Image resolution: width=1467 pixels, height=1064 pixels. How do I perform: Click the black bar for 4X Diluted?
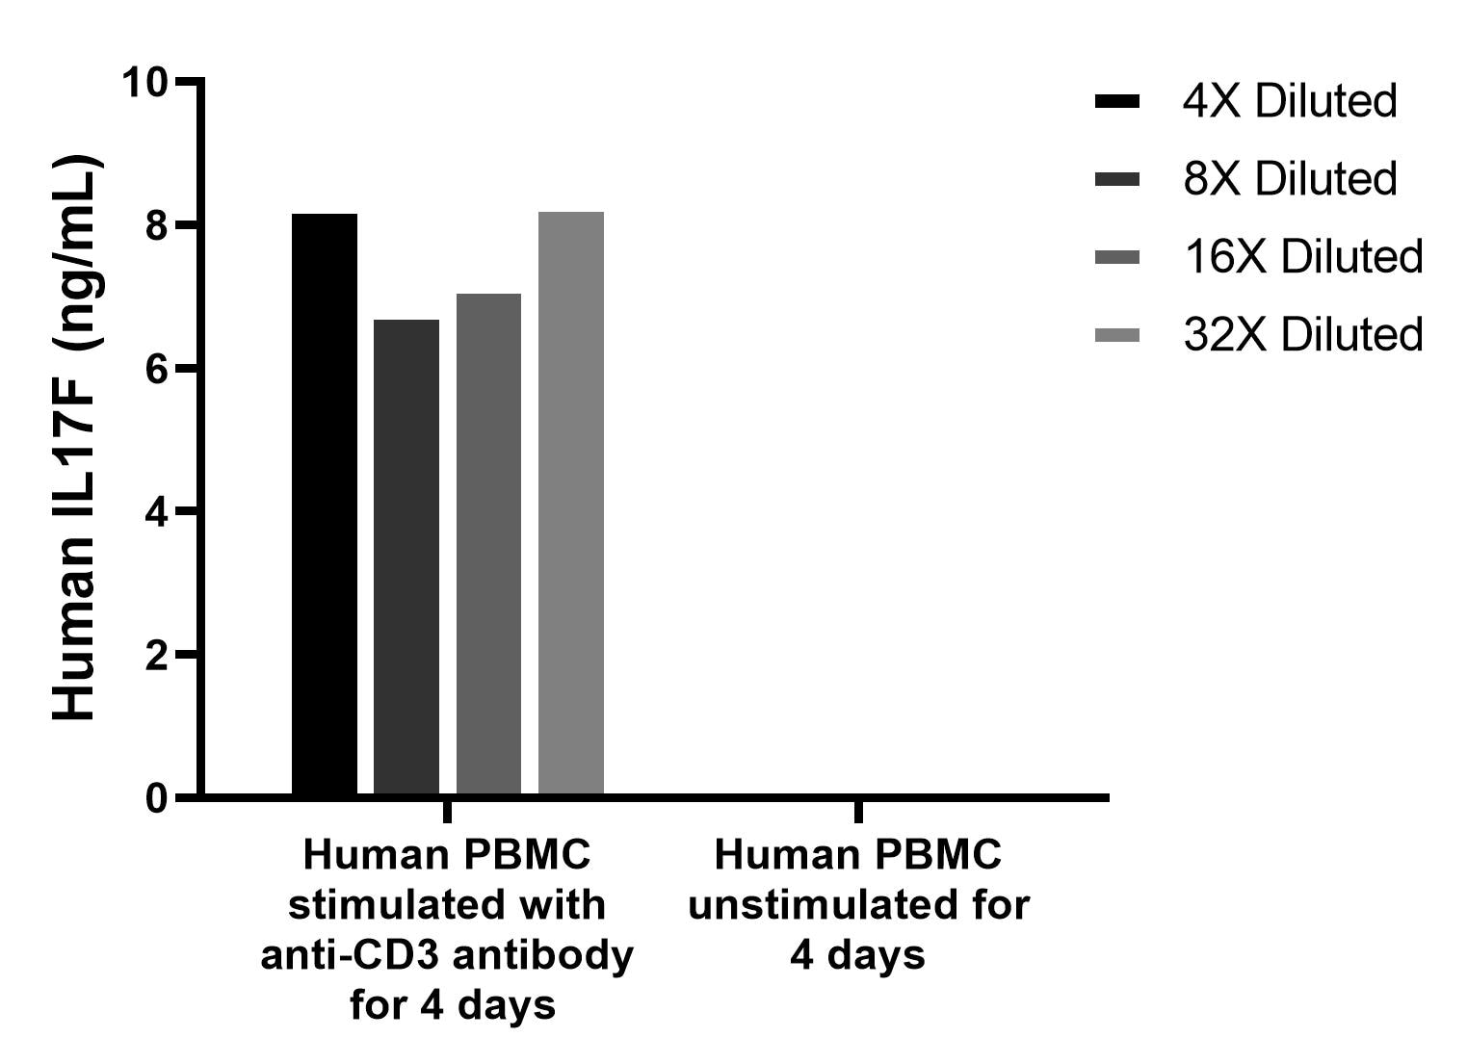click(325, 505)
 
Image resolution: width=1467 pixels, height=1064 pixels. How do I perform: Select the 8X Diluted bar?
click(406, 558)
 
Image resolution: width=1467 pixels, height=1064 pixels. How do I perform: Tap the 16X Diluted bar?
click(488, 545)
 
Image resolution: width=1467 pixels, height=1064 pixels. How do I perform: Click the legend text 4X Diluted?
click(1289, 101)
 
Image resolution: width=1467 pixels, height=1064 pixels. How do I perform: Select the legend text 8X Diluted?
click(1289, 179)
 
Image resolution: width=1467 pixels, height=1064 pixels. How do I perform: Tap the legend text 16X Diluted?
click(1302, 257)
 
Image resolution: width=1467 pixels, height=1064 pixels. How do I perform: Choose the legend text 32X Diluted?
click(1302, 335)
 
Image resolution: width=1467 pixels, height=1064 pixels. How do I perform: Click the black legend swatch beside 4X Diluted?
click(1117, 101)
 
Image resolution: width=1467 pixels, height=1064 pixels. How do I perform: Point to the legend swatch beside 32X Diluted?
click(1117, 335)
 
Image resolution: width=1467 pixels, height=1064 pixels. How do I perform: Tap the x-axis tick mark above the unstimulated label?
click(858, 811)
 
